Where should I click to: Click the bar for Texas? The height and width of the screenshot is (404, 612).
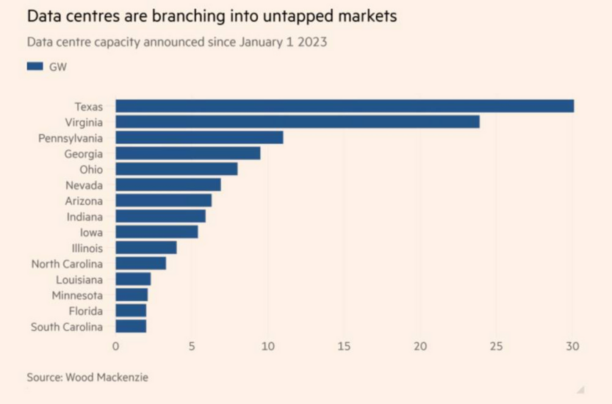345,107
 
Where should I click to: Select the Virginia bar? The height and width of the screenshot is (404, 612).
298,122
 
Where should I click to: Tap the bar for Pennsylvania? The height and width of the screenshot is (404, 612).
199,137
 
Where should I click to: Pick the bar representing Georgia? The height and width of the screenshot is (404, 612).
188,154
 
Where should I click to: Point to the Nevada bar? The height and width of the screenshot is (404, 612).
168,185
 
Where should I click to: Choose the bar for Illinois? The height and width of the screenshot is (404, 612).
146,248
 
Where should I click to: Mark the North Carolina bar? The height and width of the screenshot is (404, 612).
141,263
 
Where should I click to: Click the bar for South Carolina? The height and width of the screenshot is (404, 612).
131,326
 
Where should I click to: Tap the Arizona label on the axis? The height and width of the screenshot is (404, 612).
84,201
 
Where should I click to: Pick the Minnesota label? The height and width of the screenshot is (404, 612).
78,295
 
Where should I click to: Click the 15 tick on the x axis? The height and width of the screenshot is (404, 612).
344,346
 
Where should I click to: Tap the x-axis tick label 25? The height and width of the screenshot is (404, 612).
496,346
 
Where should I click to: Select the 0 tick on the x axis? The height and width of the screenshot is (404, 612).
116,346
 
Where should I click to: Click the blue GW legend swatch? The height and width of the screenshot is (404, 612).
36,66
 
